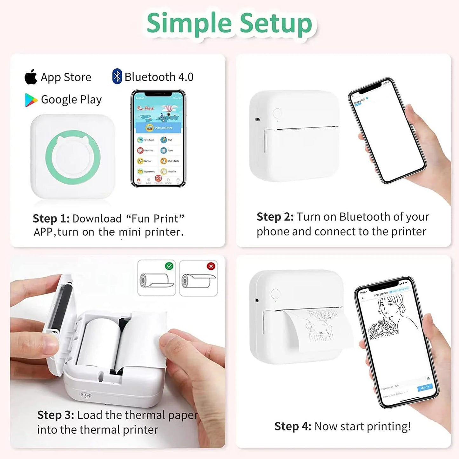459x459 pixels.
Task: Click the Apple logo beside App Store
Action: tap(31, 77)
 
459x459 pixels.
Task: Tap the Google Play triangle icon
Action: tap(31, 100)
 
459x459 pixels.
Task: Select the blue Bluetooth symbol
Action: tap(117, 77)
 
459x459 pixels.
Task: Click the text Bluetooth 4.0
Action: tap(159, 77)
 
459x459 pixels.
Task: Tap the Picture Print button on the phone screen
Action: tap(158, 128)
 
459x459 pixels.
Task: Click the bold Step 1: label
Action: tap(51, 219)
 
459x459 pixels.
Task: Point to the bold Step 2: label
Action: tap(275, 217)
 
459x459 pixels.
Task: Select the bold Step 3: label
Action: tap(56, 415)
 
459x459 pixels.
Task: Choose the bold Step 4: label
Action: tap(293, 426)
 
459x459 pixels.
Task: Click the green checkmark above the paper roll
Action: tap(169, 266)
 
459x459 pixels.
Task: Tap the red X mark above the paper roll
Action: tap(211, 266)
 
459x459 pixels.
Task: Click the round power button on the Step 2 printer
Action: tap(277, 113)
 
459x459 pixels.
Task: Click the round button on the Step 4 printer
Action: tap(275, 294)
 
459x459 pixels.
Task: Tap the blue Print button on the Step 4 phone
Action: tap(425, 388)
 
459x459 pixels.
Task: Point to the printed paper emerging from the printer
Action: tap(318, 330)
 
